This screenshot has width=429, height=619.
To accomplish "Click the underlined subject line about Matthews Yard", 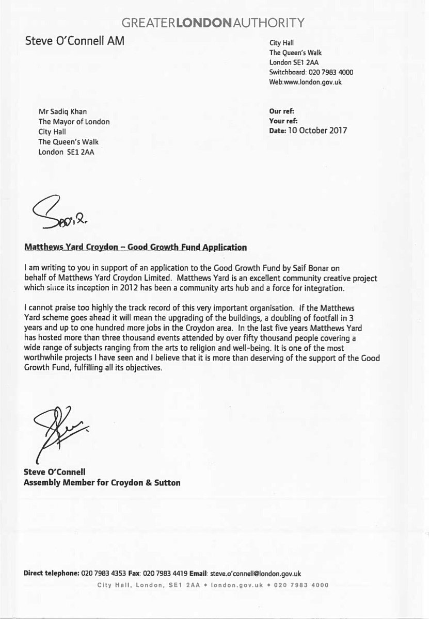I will (135, 247).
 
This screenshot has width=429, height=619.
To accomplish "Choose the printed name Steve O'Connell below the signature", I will (56, 473).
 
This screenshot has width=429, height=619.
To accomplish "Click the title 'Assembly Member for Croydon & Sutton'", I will (102, 483).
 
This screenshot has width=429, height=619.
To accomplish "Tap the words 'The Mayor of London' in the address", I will (74, 122).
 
